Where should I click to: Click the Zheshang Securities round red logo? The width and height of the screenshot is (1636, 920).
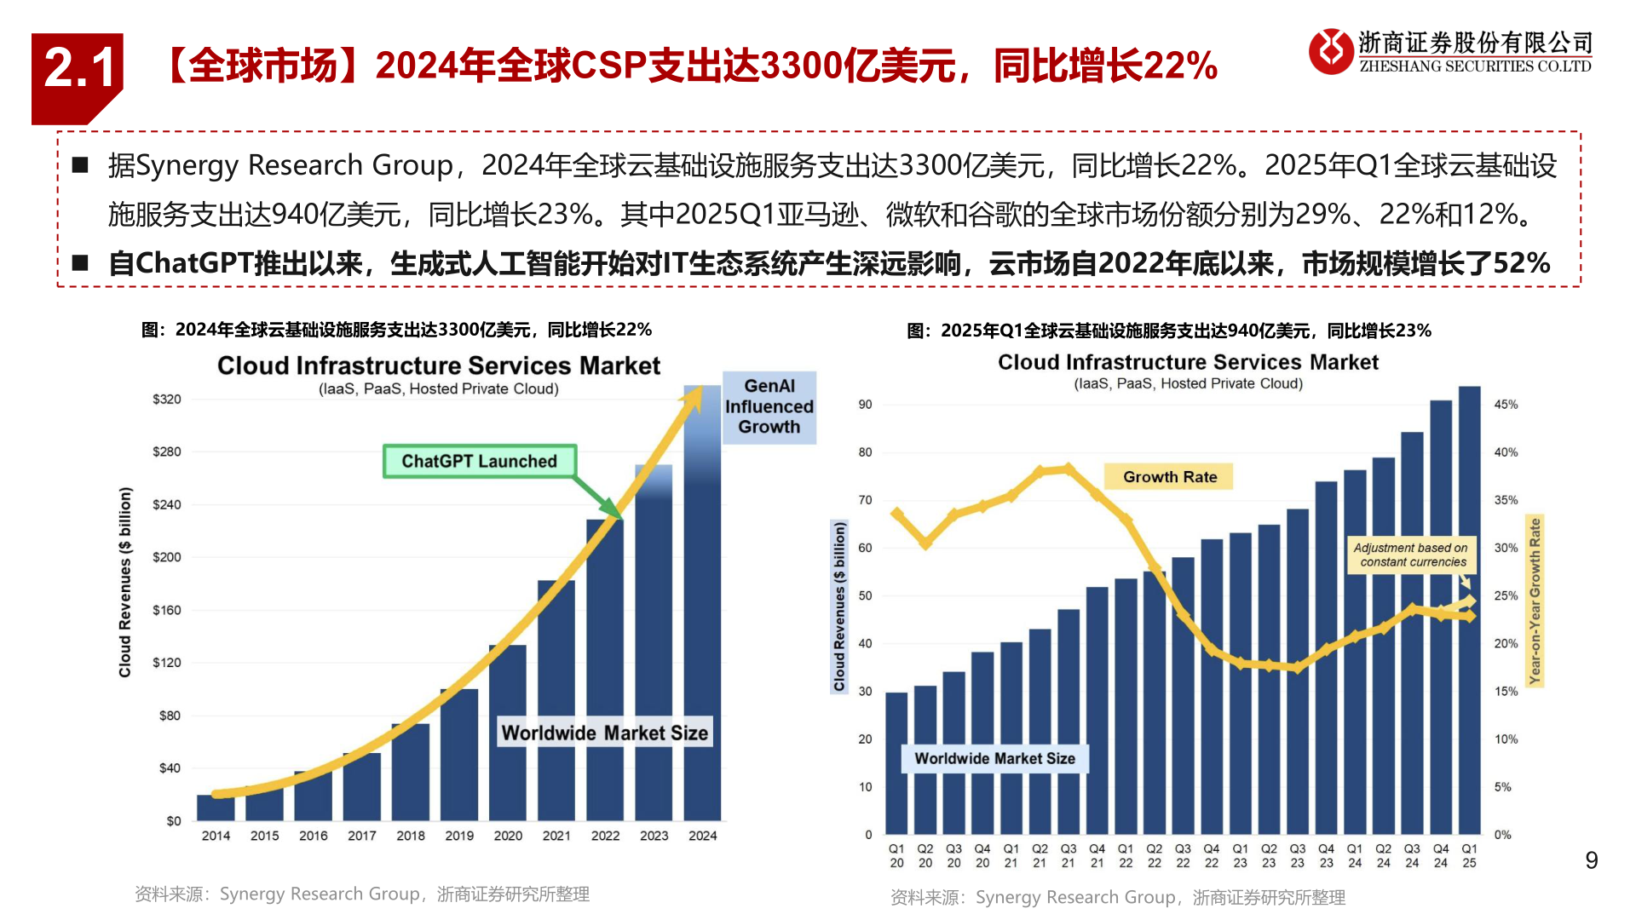click(1330, 51)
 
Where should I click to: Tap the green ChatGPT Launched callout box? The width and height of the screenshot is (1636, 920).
click(479, 461)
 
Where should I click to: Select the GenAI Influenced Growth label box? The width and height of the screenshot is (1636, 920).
click(769, 407)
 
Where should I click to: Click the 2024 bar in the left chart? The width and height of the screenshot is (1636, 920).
click(702, 613)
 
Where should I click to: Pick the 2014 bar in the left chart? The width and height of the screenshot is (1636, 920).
click(216, 807)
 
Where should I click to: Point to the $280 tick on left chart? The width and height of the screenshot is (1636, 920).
click(167, 451)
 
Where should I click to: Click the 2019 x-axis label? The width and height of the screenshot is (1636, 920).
click(459, 836)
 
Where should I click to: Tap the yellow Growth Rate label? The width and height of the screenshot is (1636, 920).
click(1169, 477)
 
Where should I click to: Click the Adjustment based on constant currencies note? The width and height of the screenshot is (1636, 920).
click(1410, 555)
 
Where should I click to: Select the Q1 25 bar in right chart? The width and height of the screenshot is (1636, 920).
click(1469, 613)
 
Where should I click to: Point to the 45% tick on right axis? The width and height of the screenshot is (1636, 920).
click(1506, 405)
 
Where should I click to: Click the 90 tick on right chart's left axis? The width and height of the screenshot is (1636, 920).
click(865, 405)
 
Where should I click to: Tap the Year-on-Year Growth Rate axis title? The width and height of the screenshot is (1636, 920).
click(1535, 601)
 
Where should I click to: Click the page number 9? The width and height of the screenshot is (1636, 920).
click(1591, 860)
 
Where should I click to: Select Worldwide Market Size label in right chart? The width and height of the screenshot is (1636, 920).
click(994, 758)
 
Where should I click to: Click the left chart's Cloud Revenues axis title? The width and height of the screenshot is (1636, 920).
click(125, 583)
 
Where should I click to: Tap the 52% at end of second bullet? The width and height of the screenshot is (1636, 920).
click(1521, 263)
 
